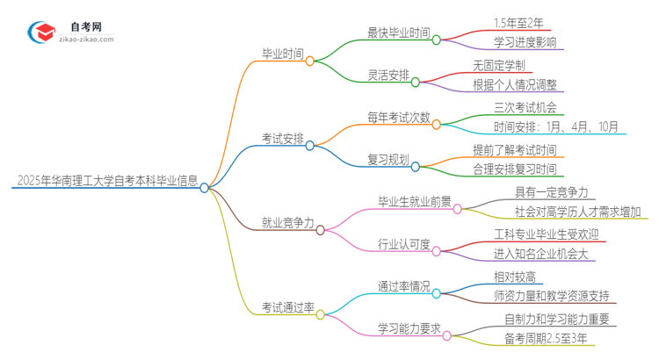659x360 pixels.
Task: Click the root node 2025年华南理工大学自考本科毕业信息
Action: click(x=105, y=183)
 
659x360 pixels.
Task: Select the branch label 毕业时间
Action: click(x=283, y=54)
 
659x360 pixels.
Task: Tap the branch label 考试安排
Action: click(x=283, y=138)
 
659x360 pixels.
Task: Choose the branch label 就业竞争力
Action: click(x=288, y=223)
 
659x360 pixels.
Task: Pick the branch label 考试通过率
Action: click(x=288, y=307)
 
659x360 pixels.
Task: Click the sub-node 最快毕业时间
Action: click(x=399, y=33)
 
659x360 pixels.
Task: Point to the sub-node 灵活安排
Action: click(x=388, y=75)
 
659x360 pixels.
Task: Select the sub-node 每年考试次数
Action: click(x=399, y=117)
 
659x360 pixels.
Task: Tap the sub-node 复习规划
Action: click(x=388, y=159)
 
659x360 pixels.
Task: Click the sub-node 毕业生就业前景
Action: click(x=415, y=202)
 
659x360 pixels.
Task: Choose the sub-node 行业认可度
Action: click(x=404, y=244)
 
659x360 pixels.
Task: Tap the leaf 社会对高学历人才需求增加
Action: click(x=578, y=212)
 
